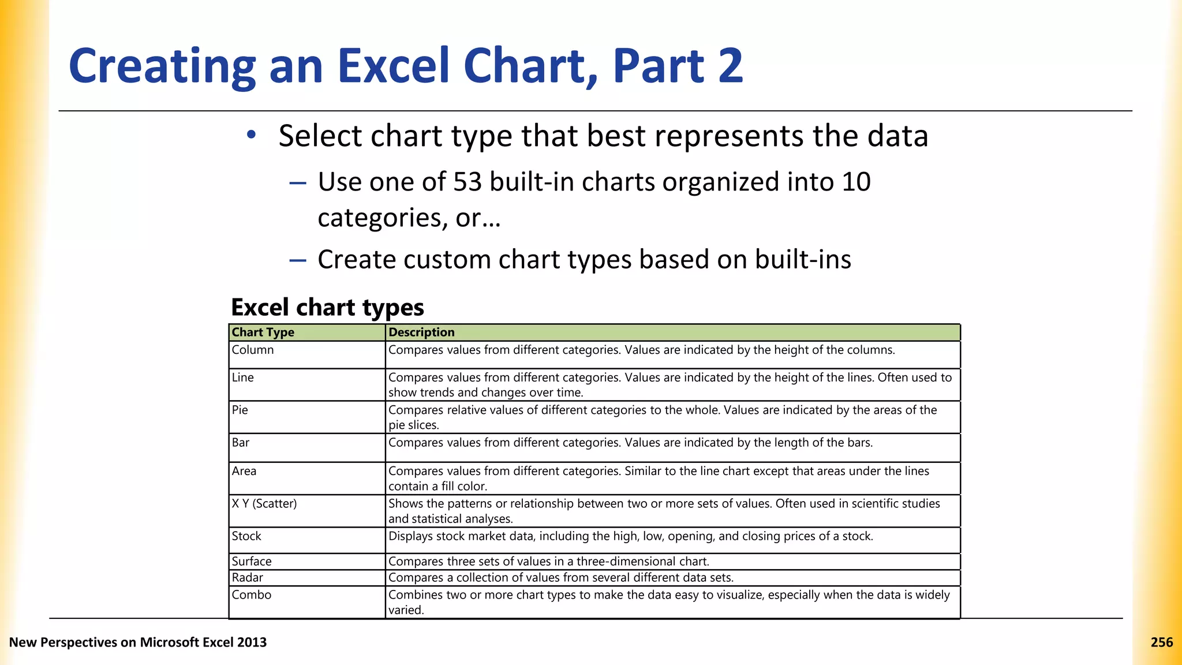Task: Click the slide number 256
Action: click(x=1161, y=642)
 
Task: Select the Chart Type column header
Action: click(x=263, y=332)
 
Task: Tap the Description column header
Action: click(x=421, y=332)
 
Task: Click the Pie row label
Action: click(x=240, y=410)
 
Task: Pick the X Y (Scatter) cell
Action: click(x=264, y=504)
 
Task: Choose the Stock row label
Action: click(x=246, y=536)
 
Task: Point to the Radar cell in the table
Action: click(x=248, y=578)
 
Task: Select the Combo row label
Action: click(x=252, y=595)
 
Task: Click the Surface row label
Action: click(x=252, y=562)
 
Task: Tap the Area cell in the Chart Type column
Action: click(x=244, y=472)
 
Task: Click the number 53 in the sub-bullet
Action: click(x=467, y=182)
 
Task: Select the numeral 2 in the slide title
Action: click(x=731, y=66)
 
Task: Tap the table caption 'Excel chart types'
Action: click(x=327, y=308)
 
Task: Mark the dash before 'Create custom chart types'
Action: click(x=298, y=260)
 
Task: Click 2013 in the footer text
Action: click(x=252, y=642)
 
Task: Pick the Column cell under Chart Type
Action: click(x=253, y=350)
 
